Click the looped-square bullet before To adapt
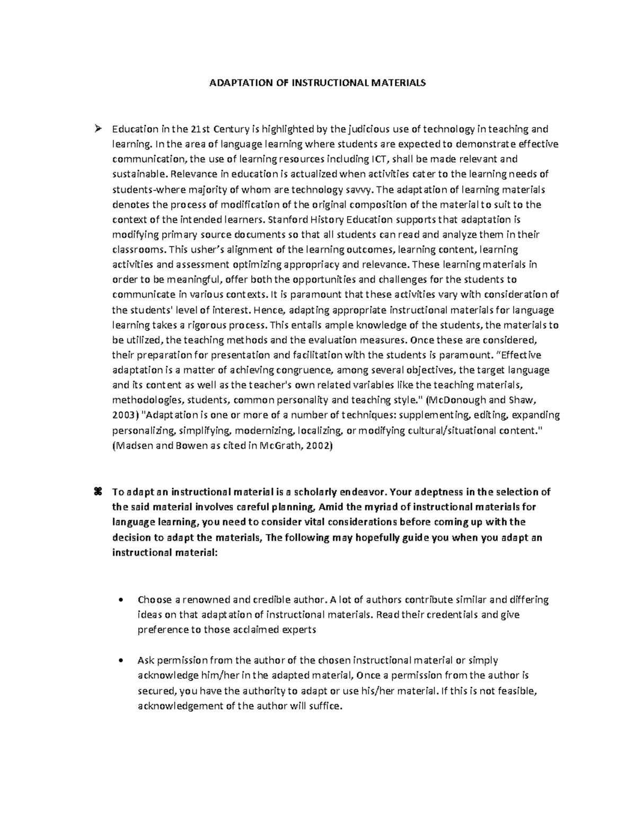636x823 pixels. coord(97,491)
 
